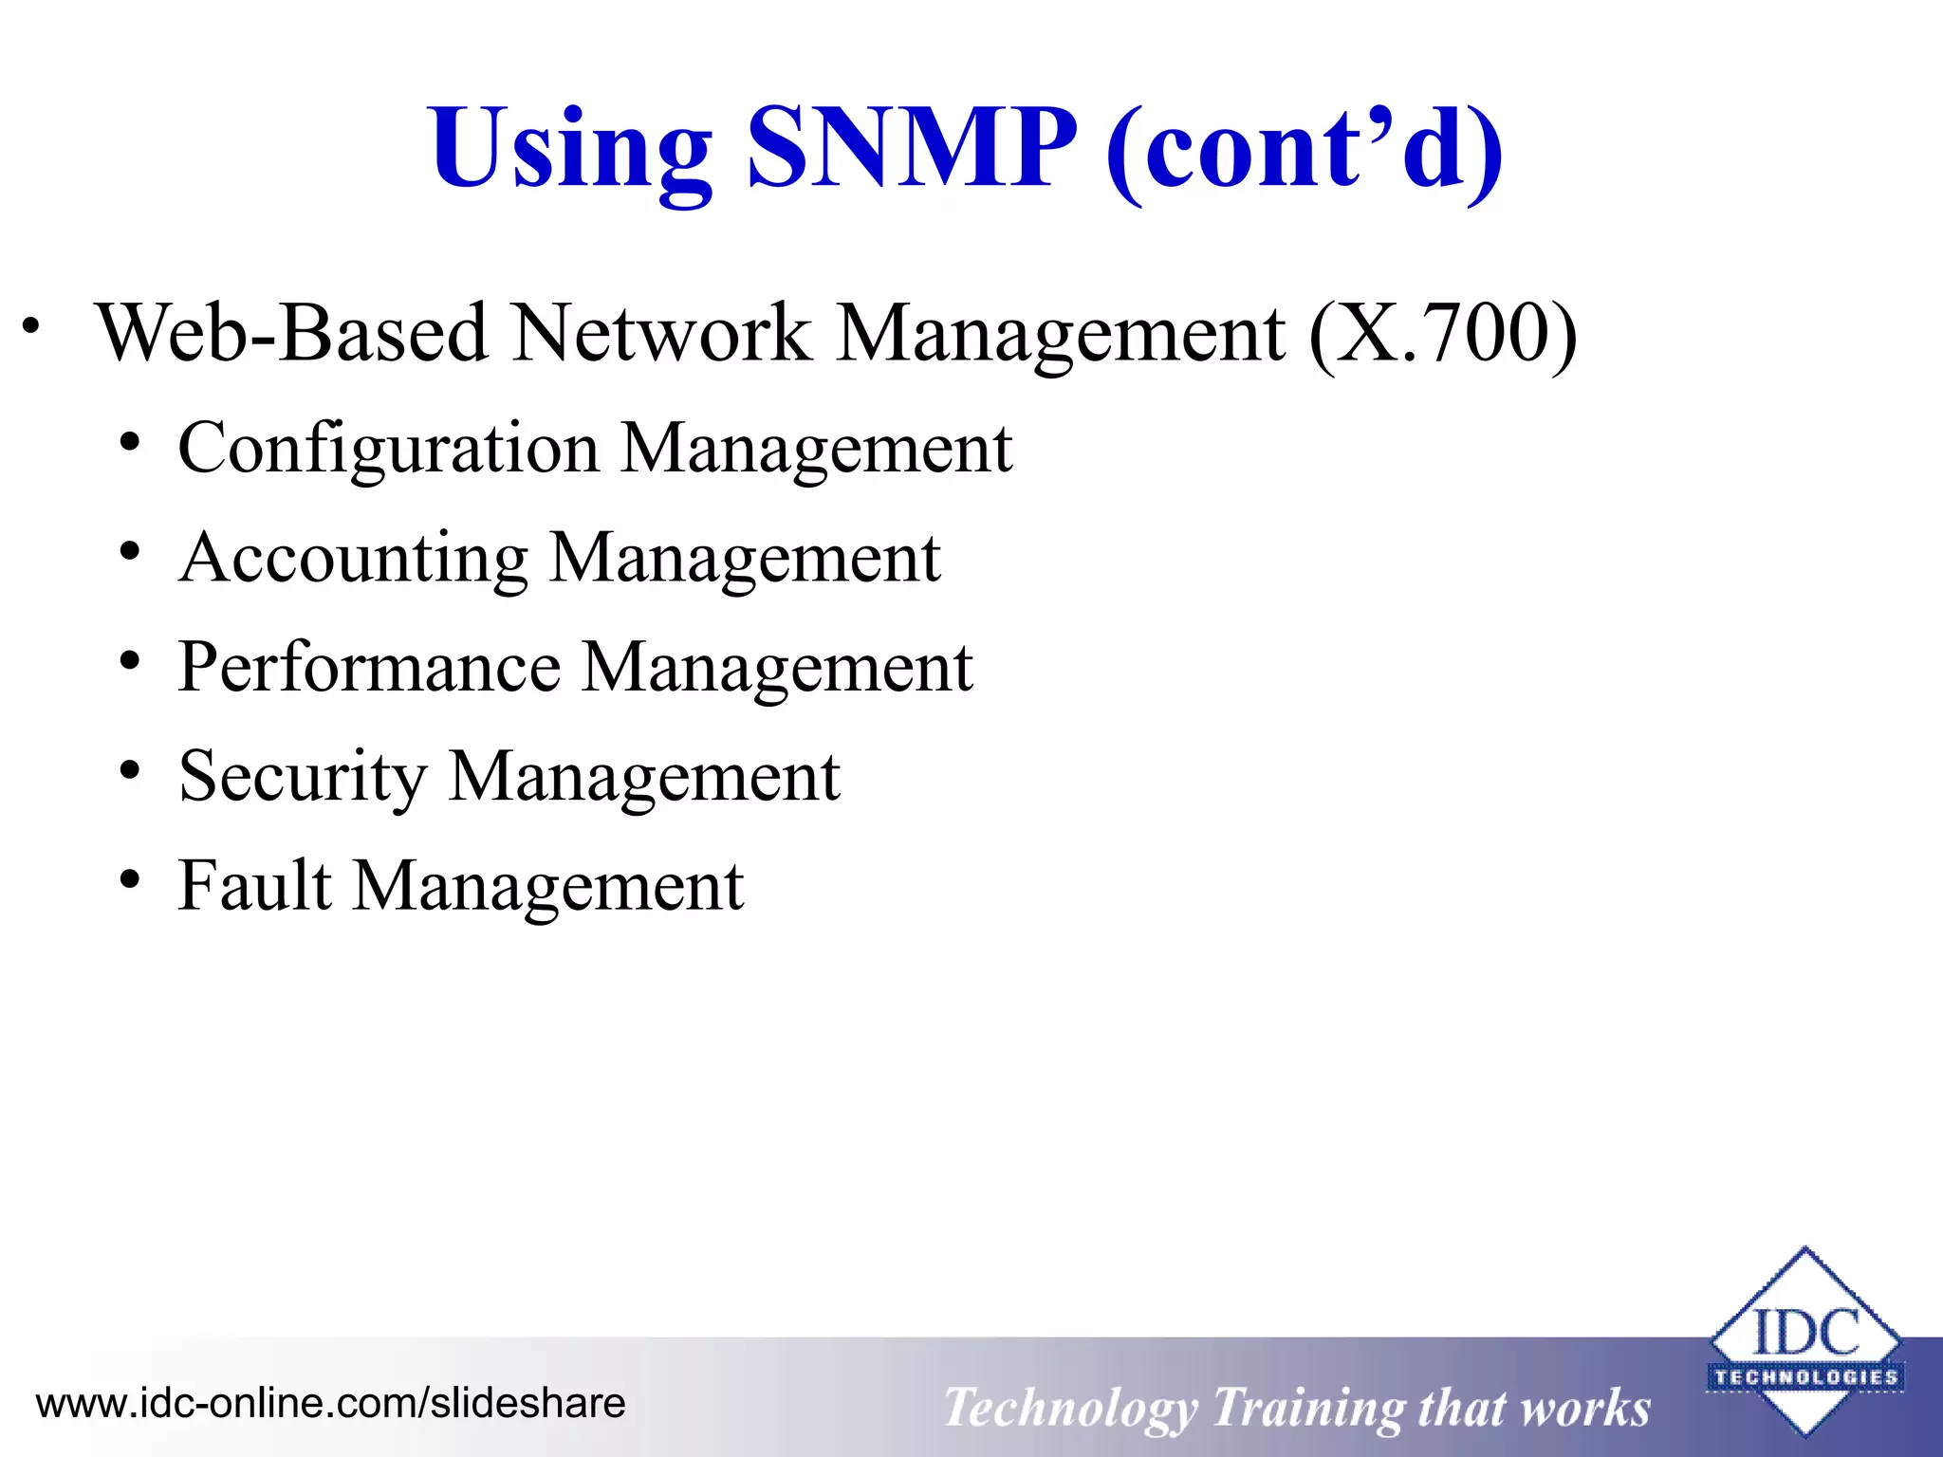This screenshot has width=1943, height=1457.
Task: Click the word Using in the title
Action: pyautogui.click(x=569, y=150)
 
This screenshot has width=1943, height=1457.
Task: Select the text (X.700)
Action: pyautogui.click(x=1442, y=334)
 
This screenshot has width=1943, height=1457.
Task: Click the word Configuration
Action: pyautogui.click(x=388, y=449)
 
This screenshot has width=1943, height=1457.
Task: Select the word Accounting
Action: pyautogui.click(x=353, y=559)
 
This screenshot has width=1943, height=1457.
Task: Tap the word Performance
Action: pyautogui.click(x=369, y=667)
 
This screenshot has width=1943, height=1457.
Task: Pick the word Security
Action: pyautogui.click(x=303, y=777)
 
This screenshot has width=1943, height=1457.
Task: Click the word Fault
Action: pyautogui.click(x=255, y=886)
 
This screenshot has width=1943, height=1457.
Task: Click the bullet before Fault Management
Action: pyautogui.click(x=130, y=879)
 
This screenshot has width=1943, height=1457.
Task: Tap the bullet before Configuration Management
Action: pyautogui.click(x=130, y=441)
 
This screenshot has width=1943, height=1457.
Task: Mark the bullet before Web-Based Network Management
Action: pyautogui.click(x=31, y=325)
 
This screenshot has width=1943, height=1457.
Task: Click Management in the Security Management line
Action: pyautogui.click(x=644, y=777)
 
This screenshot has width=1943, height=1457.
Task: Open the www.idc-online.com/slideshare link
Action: pyautogui.click(x=330, y=1403)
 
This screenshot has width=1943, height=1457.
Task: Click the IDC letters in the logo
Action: pyautogui.click(x=1805, y=1332)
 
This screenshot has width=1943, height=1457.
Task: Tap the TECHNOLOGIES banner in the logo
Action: pyautogui.click(x=1805, y=1376)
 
